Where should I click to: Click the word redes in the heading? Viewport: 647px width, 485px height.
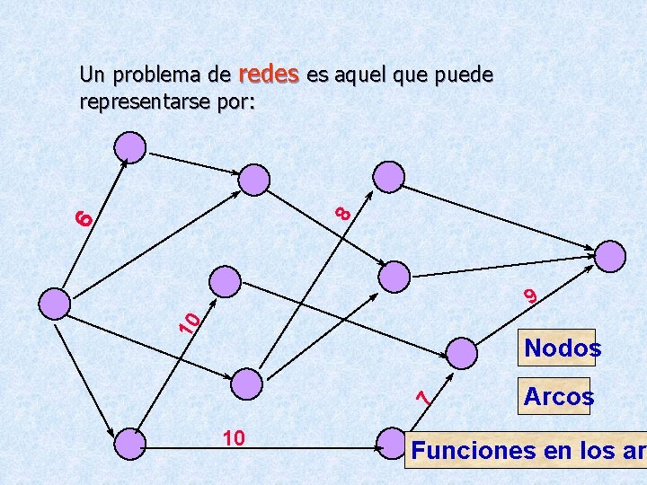[270, 75]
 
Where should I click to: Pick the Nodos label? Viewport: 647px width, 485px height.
[563, 348]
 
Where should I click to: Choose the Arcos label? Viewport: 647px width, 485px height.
[557, 396]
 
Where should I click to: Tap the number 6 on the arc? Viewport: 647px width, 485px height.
[84, 216]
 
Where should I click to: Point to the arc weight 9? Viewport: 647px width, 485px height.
[530, 294]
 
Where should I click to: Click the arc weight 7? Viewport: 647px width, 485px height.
[429, 392]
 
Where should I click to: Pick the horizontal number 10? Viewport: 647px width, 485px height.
[234, 437]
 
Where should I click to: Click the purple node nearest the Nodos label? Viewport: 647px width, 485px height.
[464, 351]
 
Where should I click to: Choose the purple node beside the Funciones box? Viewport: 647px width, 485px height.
[392, 443]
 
